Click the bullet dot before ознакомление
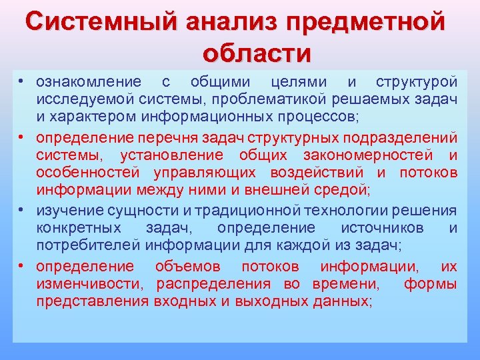21,82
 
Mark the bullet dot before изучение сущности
21,211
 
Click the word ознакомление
88,82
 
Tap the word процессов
321,117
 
